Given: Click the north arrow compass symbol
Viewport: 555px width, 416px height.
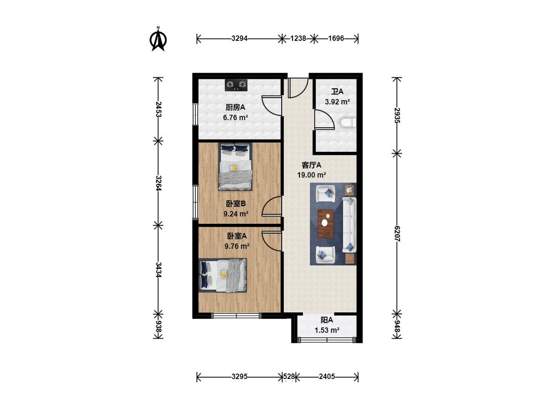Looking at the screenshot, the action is coord(158,39).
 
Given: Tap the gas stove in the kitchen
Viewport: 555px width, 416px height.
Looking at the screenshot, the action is coord(236,85).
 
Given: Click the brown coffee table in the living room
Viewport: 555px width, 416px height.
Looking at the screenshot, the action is coord(326,224).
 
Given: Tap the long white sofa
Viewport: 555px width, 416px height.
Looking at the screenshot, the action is coord(349,225).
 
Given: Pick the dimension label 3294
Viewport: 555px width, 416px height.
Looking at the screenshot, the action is coord(239,38).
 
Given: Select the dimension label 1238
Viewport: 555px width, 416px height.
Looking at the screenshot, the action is coord(298,38).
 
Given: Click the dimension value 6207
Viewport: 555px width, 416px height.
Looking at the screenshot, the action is coord(397,234).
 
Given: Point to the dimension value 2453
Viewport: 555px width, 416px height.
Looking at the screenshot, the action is coord(158,109).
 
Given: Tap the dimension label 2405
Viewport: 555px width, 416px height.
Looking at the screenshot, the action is coord(327,377).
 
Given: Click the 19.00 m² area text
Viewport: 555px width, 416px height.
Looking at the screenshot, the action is coord(311,175).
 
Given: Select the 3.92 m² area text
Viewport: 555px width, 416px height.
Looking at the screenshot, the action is coord(337,102).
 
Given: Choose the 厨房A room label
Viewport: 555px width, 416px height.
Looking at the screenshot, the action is coord(235,107).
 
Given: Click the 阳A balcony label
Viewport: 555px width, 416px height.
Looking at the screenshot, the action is coord(327,320).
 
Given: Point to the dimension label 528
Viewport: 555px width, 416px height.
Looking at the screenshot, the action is coord(289,377).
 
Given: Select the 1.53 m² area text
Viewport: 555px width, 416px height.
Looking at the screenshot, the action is coord(327,330).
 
